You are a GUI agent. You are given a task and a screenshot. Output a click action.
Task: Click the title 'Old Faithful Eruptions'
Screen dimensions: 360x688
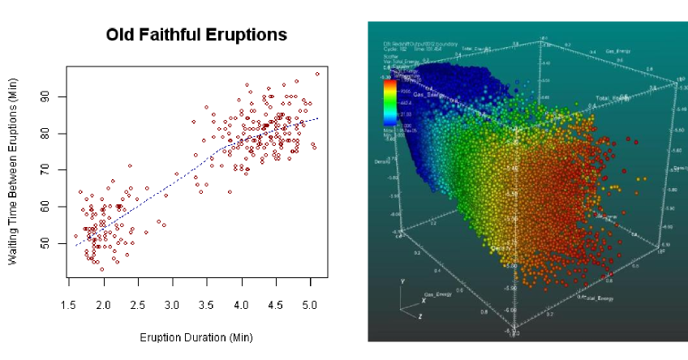click(x=197, y=35)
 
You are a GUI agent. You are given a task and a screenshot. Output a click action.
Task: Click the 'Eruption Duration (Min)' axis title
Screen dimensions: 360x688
click(x=196, y=336)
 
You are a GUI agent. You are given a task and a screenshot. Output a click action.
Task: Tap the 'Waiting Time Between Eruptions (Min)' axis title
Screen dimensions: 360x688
click(x=13, y=172)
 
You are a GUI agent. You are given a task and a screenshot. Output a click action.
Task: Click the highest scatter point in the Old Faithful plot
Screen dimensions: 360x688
click(x=317, y=74)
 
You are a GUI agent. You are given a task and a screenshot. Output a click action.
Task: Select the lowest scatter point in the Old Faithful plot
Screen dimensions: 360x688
click(x=102, y=269)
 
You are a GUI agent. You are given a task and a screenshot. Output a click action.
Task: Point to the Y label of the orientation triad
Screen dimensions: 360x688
click(x=403, y=280)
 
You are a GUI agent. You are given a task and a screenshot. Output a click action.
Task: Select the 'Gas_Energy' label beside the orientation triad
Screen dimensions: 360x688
click(x=438, y=294)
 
